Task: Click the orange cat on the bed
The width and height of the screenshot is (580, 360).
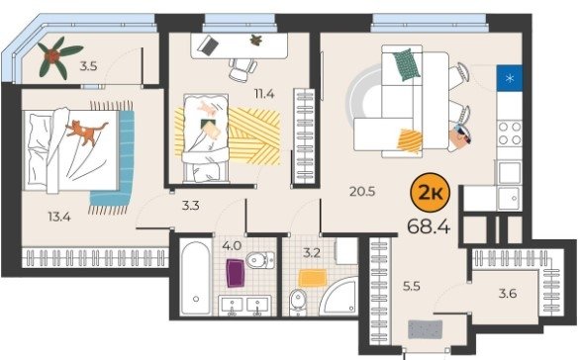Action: tap(86, 133)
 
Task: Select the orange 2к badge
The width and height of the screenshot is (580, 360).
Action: tap(431, 194)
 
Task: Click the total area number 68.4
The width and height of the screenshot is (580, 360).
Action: tap(429, 226)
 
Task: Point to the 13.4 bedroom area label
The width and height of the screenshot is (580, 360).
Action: tap(59, 217)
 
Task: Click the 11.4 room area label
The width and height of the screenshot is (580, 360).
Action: tap(264, 94)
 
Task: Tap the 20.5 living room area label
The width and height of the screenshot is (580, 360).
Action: tap(362, 192)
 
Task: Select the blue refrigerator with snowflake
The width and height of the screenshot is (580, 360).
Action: tap(510, 78)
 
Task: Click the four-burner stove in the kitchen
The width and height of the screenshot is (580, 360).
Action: tap(510, 134)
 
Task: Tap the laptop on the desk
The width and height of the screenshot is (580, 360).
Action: tap(208, 45)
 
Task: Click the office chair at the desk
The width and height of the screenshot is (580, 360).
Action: tap(242, 69)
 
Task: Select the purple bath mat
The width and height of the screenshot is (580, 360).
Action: tap(236, 273)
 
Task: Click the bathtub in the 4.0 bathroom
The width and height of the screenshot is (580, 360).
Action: tap(196, 278)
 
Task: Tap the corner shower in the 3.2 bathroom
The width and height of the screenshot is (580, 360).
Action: tap(339, 297)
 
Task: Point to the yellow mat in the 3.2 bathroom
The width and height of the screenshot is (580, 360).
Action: tap(313, 278)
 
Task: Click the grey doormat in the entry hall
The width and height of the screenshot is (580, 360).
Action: tap(426, 329)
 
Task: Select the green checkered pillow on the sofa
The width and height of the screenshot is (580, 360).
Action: tap(407, 64)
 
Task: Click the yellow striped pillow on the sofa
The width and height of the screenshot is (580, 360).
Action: tap(410, 140)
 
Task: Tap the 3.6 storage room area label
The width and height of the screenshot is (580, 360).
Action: tap(508, 294)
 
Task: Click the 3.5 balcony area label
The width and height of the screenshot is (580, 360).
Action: tap(89, 66)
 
